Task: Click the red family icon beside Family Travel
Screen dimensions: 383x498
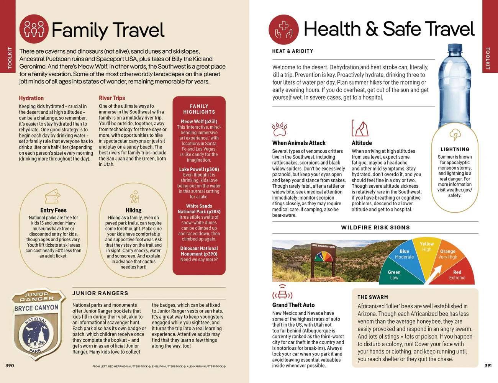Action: pyautogui.click(x=34, y=29)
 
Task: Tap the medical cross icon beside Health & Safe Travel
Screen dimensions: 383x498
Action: pyautogui.click(x=283, y=30)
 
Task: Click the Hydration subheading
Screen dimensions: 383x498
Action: pyautogui.click(x=31, y=98)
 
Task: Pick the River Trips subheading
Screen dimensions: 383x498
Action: pyautogui.click(x=112, y=98)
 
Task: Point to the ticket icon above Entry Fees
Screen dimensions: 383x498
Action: pyautogui.click(x=52, y=197)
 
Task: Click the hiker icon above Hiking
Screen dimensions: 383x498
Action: pyautogui.click(x=134, y=196)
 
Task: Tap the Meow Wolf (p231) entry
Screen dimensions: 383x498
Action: pyautogui.click(x=199, y=121)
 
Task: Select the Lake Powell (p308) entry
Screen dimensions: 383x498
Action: pyautogui.click(x=199, y=169)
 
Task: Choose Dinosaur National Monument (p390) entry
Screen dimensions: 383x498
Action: pyautogui.click(x=199, y=251)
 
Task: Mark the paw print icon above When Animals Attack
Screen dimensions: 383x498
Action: pyautogui.click(x=279, y=129)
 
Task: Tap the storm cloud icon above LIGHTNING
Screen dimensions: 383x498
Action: pyautogui.click(x=455, y=135)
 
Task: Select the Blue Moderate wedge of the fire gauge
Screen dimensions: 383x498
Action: pyautogui.click(x=405, y=254)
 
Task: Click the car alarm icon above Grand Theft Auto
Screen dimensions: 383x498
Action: pyautogui.click(x=282, y=293)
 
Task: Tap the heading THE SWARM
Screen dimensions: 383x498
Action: pyautogui.click(x=373, y=297)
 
